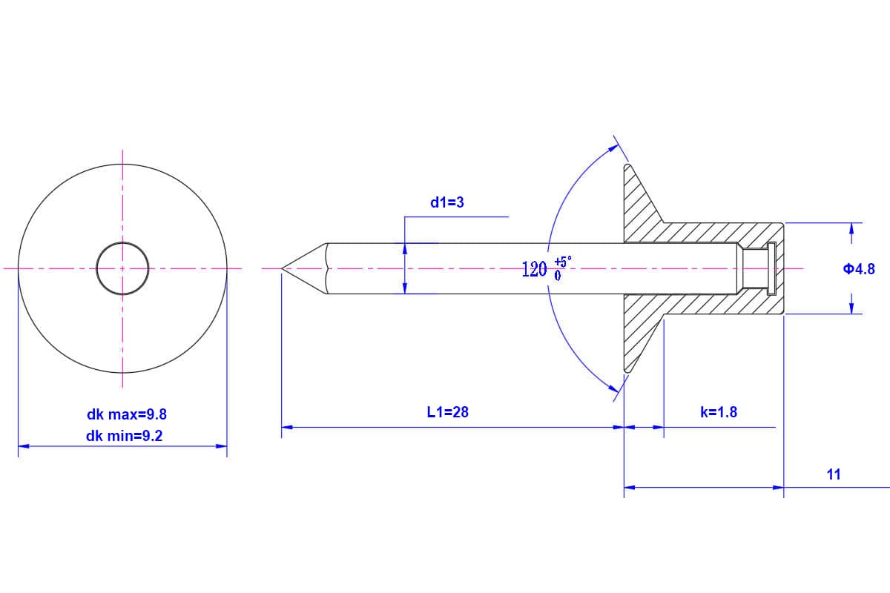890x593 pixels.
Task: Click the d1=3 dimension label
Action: pos(447,202)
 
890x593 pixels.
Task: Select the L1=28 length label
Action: pos(448,412)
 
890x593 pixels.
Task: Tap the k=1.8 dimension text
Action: pos(719,412)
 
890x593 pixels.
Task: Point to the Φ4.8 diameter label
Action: pos(859,269)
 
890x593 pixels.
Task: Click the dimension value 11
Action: pos(834,474)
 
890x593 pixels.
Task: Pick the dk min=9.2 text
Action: pos(124,437)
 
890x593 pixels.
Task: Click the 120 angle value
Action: pos(535,269)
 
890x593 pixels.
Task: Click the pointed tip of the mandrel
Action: pos(283,268)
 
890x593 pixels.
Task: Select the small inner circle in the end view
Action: pos(122,268)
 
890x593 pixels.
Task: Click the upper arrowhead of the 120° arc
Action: pos(615,148)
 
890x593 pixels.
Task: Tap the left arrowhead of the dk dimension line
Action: pos(23,446)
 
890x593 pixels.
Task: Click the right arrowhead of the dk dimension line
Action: pos(222,446)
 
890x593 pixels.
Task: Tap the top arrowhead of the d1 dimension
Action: pos(405,248)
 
